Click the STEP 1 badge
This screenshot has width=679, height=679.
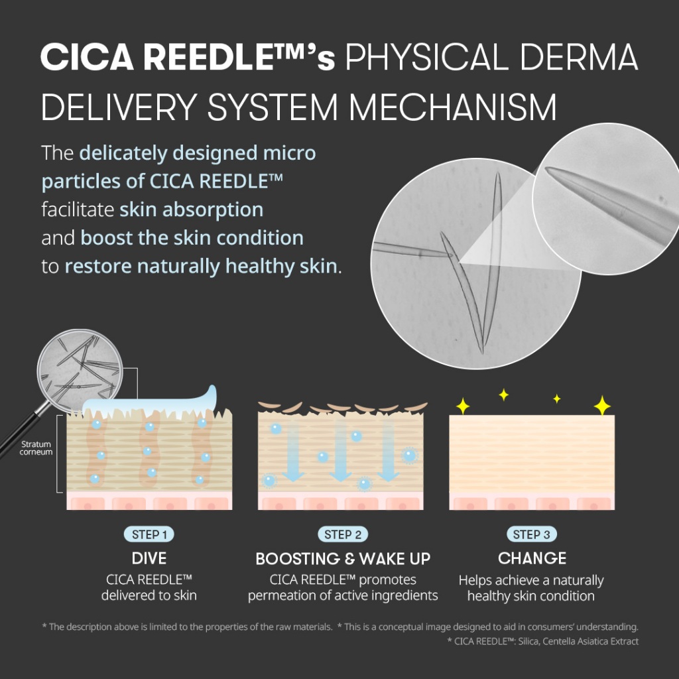tap(149, 534)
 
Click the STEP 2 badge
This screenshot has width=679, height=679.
tap(343, 534)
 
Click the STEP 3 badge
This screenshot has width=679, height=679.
tap(531, 534)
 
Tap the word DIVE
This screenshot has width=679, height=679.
tap(149, 558)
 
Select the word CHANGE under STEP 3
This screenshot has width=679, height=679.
tap(532, 558)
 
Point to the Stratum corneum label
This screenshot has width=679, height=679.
tap(36, 448)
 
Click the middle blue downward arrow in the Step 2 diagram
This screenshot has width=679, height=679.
tap(340, 450)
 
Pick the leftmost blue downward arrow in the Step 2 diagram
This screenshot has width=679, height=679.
tap(293, 450)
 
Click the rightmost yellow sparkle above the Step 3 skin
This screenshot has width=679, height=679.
tap(602, 405)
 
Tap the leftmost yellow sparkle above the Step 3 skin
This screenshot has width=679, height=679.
tap(463, 406)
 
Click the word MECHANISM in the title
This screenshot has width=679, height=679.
tap(452, 107)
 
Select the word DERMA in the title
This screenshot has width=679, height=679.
tap(580, 57)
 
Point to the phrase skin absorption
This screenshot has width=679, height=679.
tap(192, 210)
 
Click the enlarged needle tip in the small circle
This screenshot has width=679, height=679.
tap(549, 170)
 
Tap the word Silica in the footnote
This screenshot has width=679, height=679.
tap(528, 641)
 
